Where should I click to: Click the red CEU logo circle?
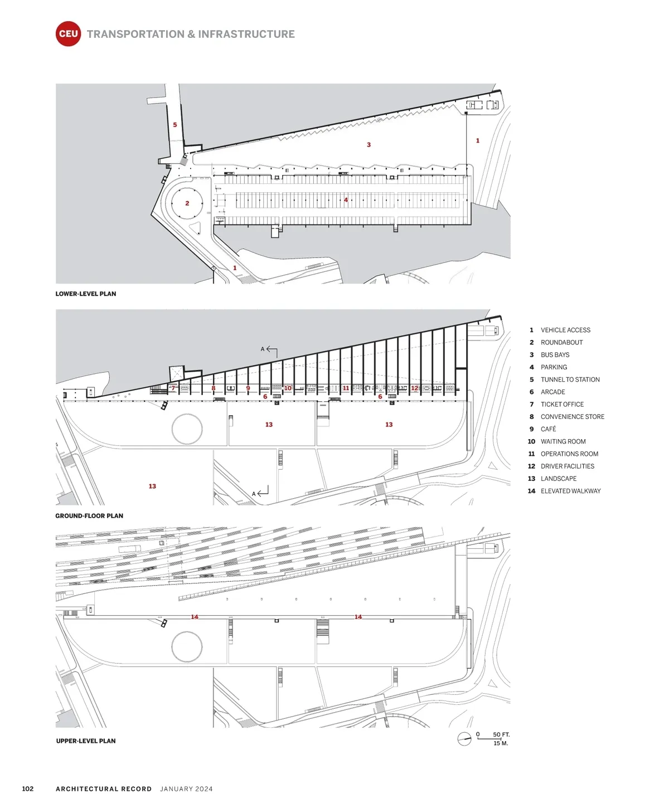(68, 34)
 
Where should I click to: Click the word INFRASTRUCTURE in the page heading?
(246, 34)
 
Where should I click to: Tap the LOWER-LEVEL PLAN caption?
(86, 294)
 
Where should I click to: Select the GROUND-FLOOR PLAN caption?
(89, 516)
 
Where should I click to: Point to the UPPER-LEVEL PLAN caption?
(86, 741)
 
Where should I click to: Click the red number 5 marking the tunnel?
(175, 125)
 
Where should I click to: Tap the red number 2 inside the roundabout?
(187, 203)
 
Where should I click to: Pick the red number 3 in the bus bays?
(369, 145)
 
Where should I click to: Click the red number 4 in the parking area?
(346, 200)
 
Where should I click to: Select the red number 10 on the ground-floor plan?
(288, 388)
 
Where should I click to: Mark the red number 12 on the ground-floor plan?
(414, 388)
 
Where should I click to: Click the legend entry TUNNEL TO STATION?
(570, 379)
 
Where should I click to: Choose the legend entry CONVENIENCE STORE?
(572, 417)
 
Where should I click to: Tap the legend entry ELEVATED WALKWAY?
(570, 491)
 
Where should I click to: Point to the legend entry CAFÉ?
(548, 429)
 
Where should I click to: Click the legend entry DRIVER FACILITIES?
(567, 466)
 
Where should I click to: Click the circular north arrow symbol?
(464, 739)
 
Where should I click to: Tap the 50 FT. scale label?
(501, 734)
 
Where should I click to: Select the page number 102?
(28, 788)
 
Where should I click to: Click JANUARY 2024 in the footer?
(186, 789)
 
